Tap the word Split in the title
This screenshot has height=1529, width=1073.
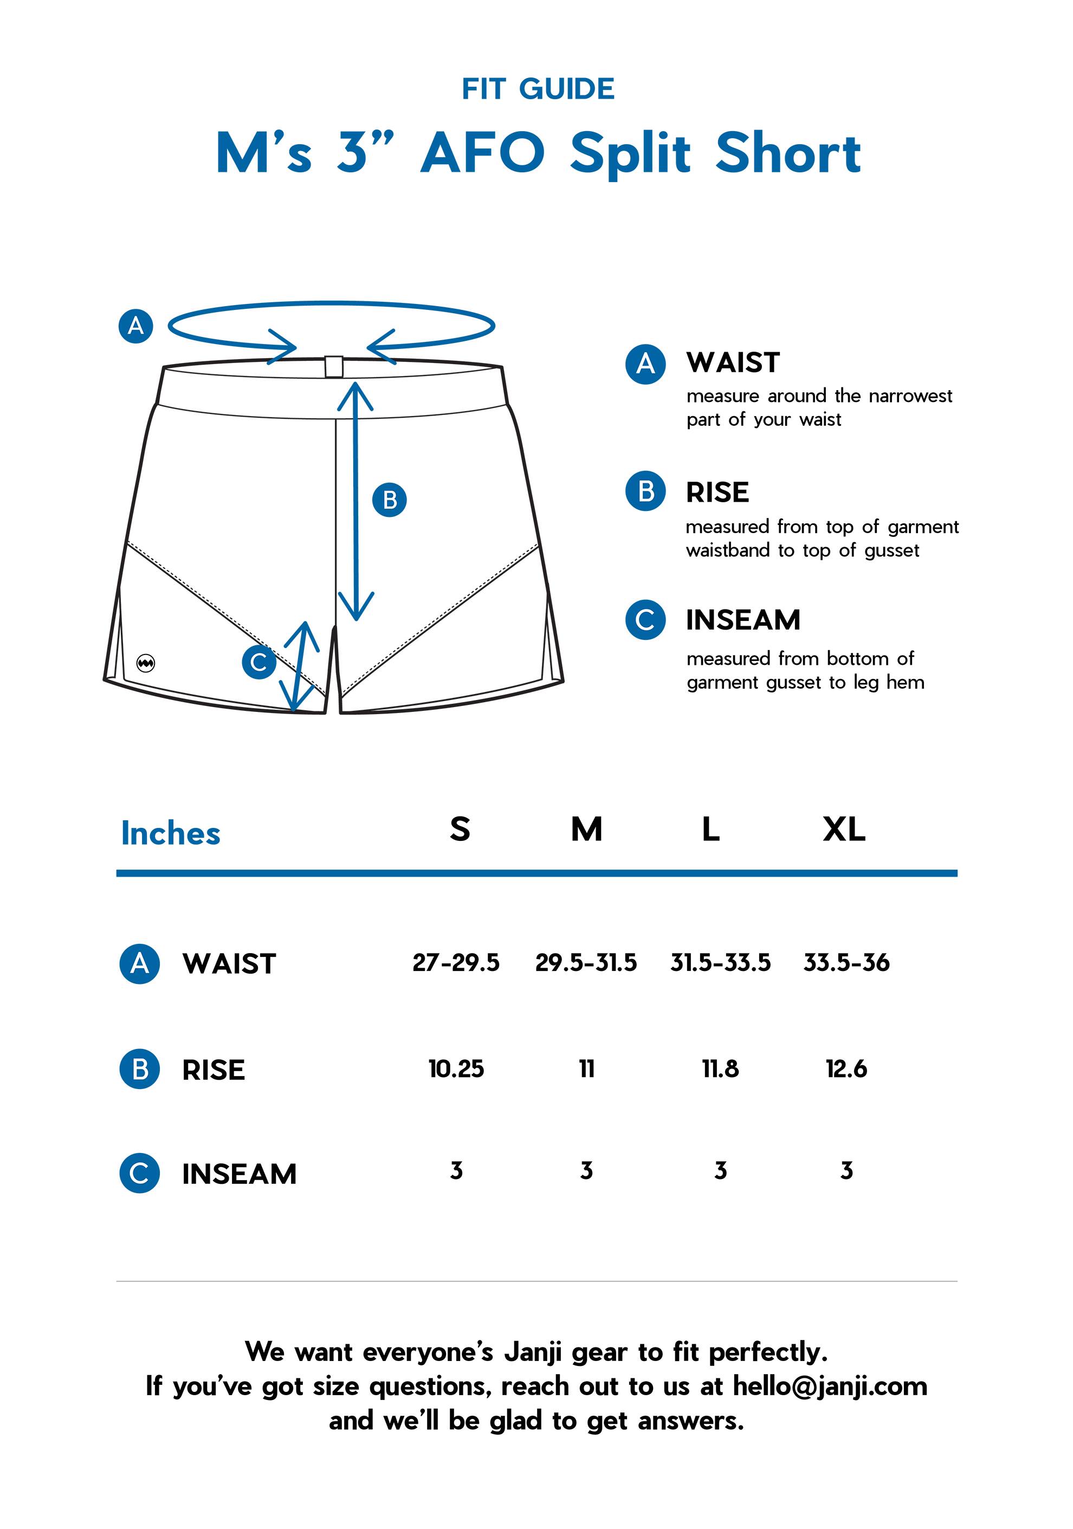[630, 154]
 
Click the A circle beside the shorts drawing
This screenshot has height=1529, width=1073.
[136, 326]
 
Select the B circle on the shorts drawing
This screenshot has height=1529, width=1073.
[390, 500]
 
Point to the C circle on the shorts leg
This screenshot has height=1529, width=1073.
[258, 662]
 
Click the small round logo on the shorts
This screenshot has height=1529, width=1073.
[146, 663]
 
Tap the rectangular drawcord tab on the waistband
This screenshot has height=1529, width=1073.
[334, 367]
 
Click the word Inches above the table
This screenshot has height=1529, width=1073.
[171, 833]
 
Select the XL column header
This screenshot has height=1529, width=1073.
[844, 829]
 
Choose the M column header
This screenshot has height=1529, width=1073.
[587, 829]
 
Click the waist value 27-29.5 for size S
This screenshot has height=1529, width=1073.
[456, 962]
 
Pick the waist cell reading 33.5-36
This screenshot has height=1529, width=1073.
[846, 962]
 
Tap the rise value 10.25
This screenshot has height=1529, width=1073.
[456, 1069]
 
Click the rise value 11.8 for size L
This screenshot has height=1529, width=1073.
[720, 1069]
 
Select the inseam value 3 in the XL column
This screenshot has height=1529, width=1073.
[846, 1170]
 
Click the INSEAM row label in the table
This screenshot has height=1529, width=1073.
[239, 1174]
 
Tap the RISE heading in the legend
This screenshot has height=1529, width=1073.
[718, 493]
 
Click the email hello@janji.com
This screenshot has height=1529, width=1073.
[830, 1386]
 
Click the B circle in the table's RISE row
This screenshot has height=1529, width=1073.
[139, 1069]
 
